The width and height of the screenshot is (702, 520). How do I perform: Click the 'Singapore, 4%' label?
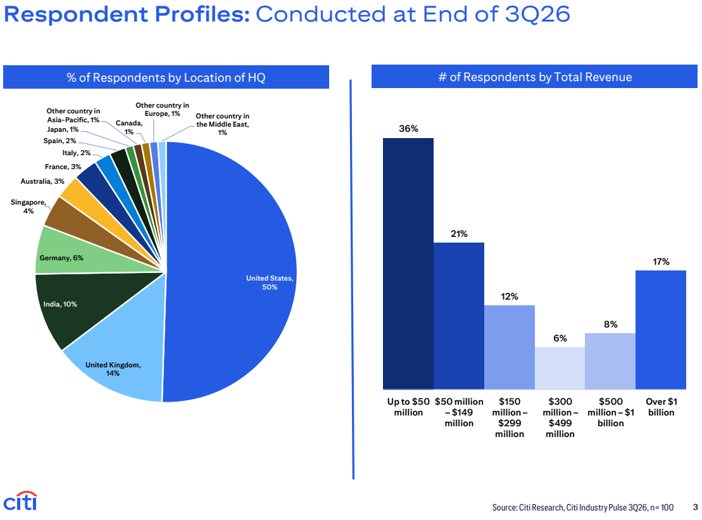[28, 206]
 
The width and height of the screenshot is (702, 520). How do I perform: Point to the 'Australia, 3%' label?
[42, 181]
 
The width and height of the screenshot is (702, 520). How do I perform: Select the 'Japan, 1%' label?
[63, 129]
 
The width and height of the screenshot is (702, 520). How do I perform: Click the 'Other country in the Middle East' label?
[223, 124]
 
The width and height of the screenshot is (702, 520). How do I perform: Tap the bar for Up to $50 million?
[408, 263]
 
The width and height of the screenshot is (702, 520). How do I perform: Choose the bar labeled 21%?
[458, 316]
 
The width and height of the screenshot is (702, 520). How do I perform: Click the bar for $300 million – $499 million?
[560, 368]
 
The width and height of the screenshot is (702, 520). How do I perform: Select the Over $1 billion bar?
[661, 329]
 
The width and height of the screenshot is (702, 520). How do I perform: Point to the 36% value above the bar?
[408, 129]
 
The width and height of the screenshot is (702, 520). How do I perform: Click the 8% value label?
[611, 324]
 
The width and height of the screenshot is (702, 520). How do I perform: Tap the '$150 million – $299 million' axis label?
[510, 417]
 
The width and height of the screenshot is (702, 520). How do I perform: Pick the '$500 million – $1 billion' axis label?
[611, 412]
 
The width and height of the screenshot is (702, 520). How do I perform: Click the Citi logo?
[21, 500]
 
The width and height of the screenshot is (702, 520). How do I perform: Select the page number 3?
[695, 507]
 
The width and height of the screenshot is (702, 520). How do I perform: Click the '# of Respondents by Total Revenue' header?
[534, 77]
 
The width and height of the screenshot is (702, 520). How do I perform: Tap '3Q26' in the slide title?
[537, 14]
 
